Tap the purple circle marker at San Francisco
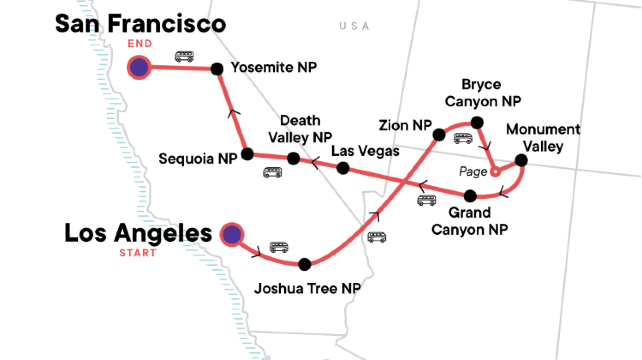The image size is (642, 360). pyautogui.click(x=139, y=68)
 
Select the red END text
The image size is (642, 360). pyautogui.click(x=139, y=44)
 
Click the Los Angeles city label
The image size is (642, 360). pyautogui.click(x=138, y=233)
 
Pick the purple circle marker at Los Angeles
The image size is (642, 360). pyautogui.click(x=232, y=234)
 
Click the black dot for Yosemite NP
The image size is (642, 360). pyautogui.click(x=216, y=69)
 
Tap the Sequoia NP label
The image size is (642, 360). pyautogui.click(x=198, y=158)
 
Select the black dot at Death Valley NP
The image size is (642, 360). pyautogui.click(x=293, y=159)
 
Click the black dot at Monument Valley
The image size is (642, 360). pyautogui.click(x=520, y=160)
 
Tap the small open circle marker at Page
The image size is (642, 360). pyautogui.click(x=494, y=172)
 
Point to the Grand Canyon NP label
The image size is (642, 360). pyautogui.click(x=469, y=221)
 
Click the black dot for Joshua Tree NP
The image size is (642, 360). pyautogui.click(x=305, y=264)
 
